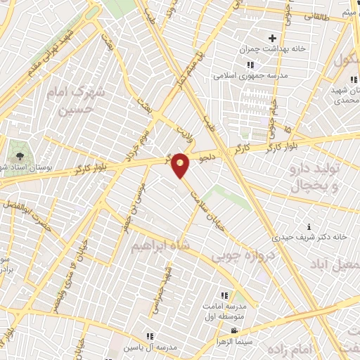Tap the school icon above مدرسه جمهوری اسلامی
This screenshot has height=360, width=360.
[x=250, y=65]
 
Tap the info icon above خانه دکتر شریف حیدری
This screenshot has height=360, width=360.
[x=295, y=227]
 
